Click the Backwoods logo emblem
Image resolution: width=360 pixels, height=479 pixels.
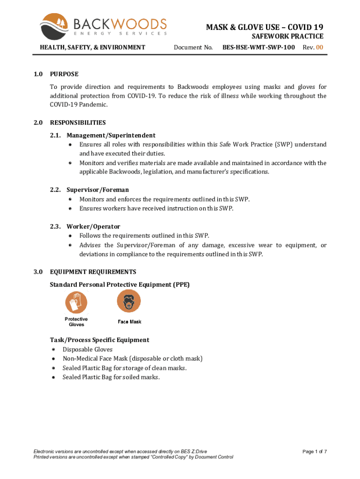pyautogui.click(x=55, y=27)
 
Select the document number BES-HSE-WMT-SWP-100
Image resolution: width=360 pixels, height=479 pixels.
pyautogui.click(x=259, y=47)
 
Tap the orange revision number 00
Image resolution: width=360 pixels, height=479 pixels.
pyautogui.click(x=319, y=47)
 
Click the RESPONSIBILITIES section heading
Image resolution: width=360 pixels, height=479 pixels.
pyautogui.click(x=78, y=123)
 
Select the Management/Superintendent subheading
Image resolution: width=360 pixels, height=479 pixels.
pyautogui.click(x=111, y=135)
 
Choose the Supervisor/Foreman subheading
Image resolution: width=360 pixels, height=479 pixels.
pyautogui.click(x=97, y=190)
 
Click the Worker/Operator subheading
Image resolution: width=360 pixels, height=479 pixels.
pyautogui.click(x=93, y=226)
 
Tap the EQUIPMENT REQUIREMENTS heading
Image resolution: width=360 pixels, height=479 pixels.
pyautogui.click(x=93, y=272)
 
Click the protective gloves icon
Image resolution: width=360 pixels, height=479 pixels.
pyautogui.click(x=76, y=302)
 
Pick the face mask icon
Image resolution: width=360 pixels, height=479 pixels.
pyautogui.click(x=129, y=300)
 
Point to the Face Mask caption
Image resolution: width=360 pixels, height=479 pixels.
pyautogui.click(x=130, y=322)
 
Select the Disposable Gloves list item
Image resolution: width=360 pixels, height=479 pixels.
pyautogui.click(x=87, y=349)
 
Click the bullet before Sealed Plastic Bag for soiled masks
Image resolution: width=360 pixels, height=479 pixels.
pyautogui.click(x=54, y=377)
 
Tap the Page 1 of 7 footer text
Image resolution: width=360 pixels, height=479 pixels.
pyautogui.click(x=314, y=451)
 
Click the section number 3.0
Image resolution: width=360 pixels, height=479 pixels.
pyautogui.click(x=38, y=272)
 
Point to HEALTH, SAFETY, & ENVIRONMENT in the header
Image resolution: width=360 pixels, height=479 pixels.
pyautogui.click(x=93, y=47)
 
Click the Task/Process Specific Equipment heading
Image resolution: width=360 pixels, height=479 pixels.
pyautogui.click(x=100, y=340)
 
